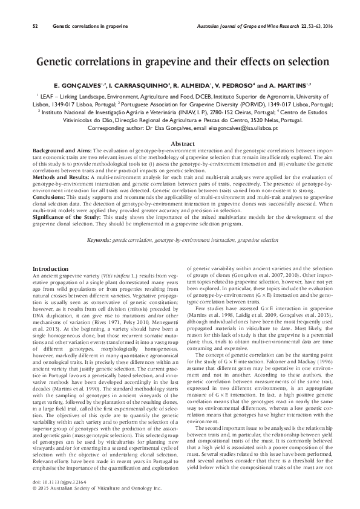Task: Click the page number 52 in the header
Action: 34,27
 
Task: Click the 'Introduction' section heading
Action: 50,268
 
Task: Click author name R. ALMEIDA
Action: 192,86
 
